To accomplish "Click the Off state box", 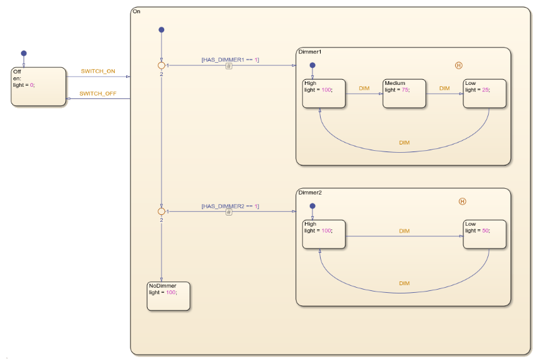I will tap(39, 87).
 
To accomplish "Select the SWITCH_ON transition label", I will tap(98, 71).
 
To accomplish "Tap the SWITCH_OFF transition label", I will tap(97, 93).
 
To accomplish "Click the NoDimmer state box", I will tap(169, 296).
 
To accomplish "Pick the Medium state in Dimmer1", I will tap(403, 94).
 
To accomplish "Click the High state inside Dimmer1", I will tap(323, 94).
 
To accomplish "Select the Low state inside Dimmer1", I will tap(484, 94).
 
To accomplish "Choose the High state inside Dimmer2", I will tap(323, 235).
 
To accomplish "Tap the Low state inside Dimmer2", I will tap(484, 235).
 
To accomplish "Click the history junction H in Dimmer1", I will tap(459, 65).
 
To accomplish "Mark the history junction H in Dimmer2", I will tap(462, 202).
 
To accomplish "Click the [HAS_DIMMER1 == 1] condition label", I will tap(230, 60).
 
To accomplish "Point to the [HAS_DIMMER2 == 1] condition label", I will tap(230, 206).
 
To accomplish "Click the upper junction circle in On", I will tap(161, 65).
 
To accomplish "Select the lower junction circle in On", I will tap(161, 211).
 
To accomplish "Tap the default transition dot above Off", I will tap(24, 53).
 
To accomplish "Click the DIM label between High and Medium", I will tap(364, 89).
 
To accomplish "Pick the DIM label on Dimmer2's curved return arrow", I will tap(404, 283).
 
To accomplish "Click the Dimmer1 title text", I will tap(310, 51).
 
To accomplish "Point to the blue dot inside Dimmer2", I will tap(312, 206).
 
